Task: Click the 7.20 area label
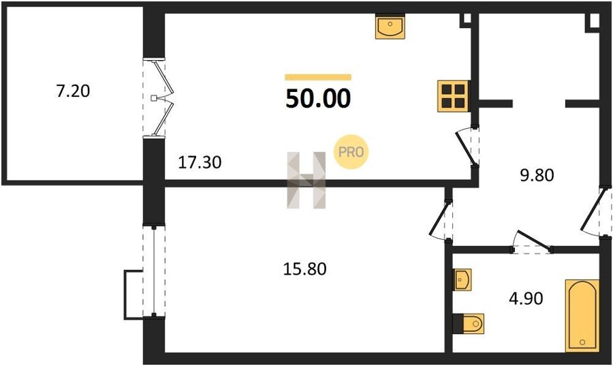[x=73, y=91]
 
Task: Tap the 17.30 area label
[x=200, y=162]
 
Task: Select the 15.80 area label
[x=304, y=269]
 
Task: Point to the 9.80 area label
[x=537, y=175]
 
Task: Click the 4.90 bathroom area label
[x=526, y=299]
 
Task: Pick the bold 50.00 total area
[x=318, y=98]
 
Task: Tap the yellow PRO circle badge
[x=351, y=152]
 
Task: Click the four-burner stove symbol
[x=453, y=96]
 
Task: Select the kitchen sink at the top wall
[x=390, y=26]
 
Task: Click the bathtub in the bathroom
[x=582, y=316]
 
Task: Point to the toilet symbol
[x=469, y=323]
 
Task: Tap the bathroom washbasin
[x=462, y=279]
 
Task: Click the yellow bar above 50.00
[x=318, y=77]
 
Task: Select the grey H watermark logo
[x=306, y=180]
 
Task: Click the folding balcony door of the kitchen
[x=158, y=97]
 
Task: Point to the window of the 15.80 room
[x=154, y=271]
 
